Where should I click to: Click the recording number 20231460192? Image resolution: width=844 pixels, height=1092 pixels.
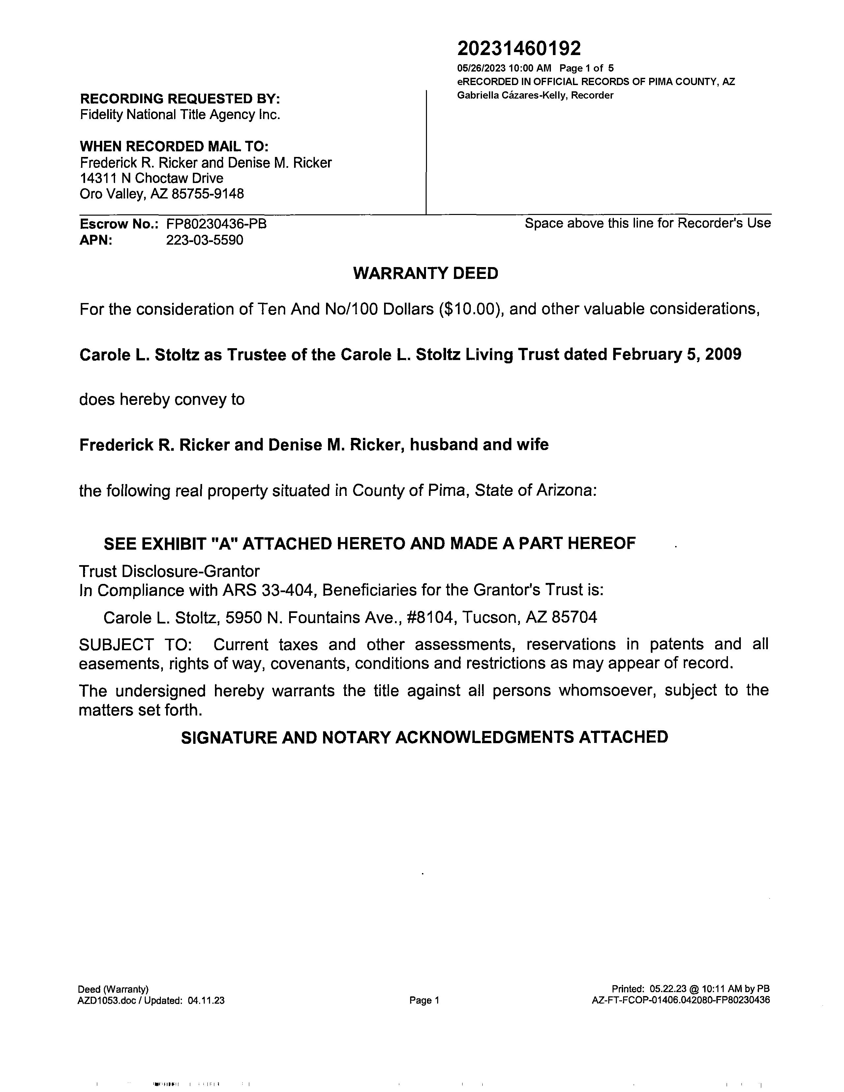pos(519,48)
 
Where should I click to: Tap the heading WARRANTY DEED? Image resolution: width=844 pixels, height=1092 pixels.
pos(426,274)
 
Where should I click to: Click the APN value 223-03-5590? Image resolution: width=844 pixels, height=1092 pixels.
pos(204,240)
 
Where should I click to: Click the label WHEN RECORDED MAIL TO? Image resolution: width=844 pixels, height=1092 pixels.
pos(174,146)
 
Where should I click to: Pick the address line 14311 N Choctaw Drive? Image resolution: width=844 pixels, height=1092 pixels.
pos(152,178)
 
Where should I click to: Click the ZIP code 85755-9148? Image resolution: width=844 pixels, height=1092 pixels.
pos(207,194)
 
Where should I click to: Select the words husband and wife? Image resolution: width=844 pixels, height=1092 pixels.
pos(479,444)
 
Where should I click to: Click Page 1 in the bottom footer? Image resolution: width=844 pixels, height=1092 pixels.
pos(424,1000)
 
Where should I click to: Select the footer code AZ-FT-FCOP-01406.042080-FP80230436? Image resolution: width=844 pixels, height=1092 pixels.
pos(680,1000)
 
